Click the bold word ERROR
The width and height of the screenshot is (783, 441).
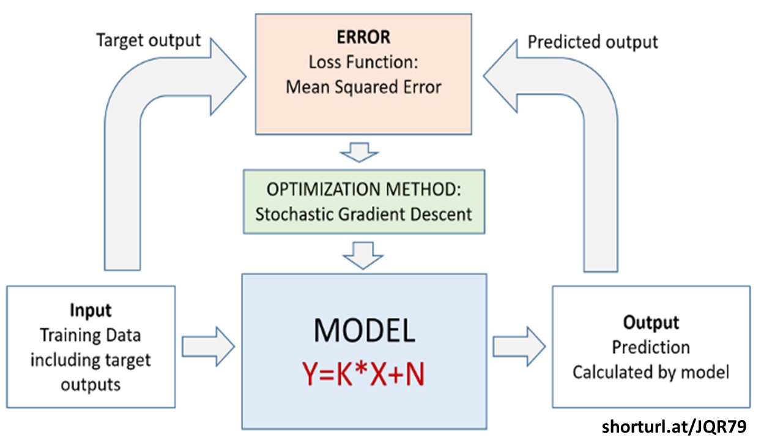tap(363, 37)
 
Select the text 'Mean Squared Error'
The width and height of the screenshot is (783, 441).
tap(363, 87)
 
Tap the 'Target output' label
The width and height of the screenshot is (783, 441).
tap(148, 40)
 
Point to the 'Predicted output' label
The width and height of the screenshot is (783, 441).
tap(592, 42)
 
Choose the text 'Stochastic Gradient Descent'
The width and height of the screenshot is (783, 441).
tap(363, 214)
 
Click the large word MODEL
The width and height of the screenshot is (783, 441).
tap(365, 331)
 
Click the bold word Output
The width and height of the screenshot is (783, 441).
tap(651, 322)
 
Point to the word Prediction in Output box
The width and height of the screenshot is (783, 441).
tap(651, 347)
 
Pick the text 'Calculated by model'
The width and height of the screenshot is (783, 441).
tap(651, 372)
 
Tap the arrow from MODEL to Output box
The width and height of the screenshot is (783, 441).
tap(520, 346)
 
